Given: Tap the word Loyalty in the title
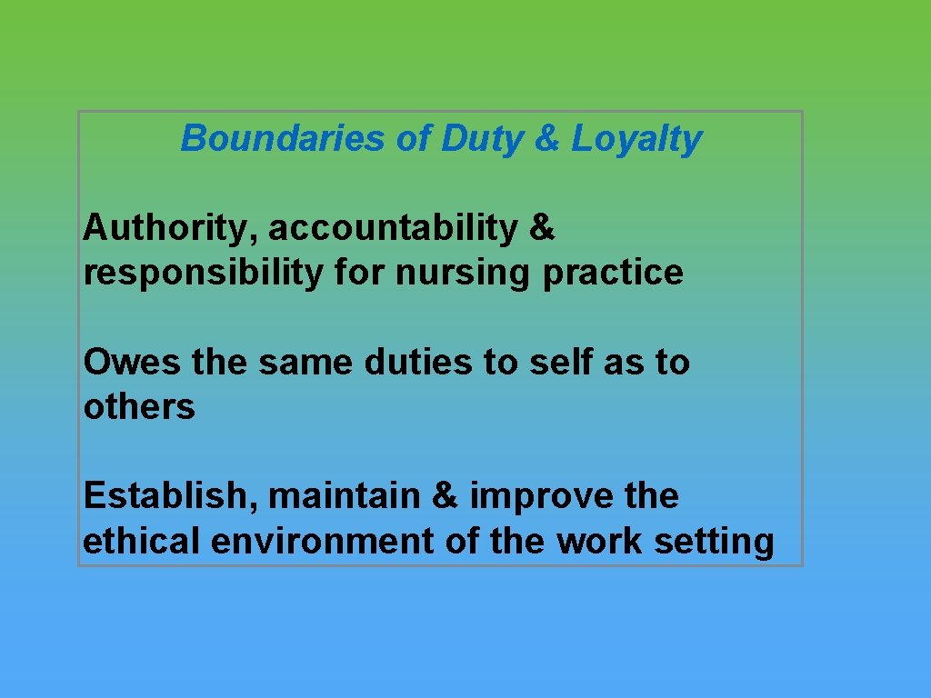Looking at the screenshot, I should tap(636, 139).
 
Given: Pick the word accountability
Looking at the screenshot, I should tap(391, 229).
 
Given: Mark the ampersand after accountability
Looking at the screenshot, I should tap(541, 229).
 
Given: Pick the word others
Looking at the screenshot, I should tap(139, 407).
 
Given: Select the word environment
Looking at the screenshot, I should tap(323, 541).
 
